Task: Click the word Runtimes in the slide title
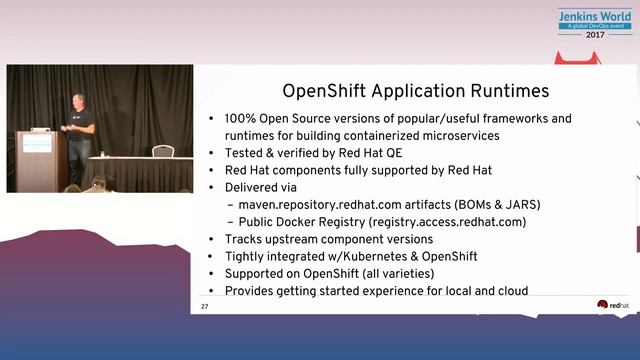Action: point(506,91)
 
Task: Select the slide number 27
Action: point(205,305)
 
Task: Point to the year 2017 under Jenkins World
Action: point(595,33)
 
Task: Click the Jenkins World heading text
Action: point(595,15)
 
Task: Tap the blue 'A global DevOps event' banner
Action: point(595,24)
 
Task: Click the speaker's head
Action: point(78,103)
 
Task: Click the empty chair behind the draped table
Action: point(163,151)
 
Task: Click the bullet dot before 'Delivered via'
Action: point(211,187)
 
